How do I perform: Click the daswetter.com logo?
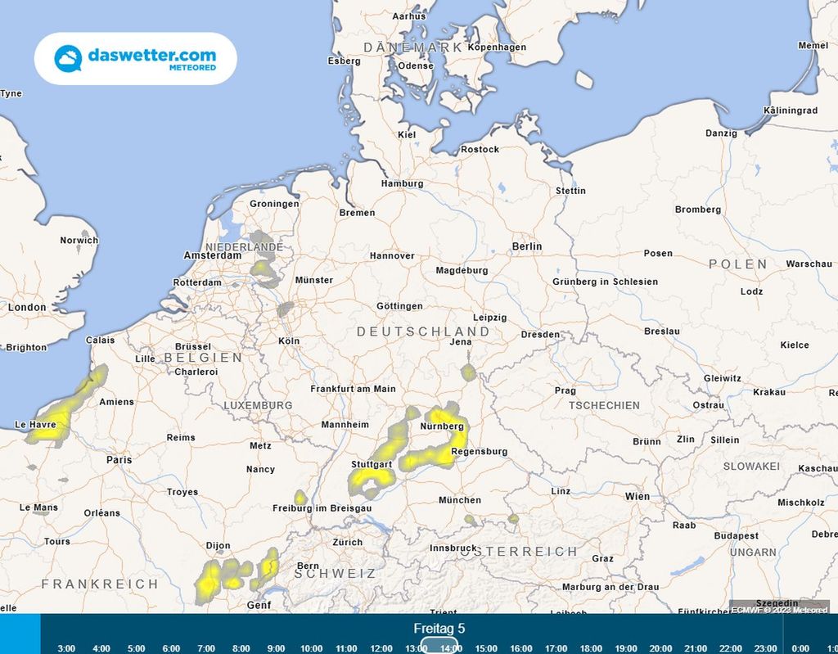tap(135, 58)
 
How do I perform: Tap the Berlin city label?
tap(526, 246)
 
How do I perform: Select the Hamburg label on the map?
tap(402, 183)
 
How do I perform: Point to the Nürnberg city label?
tap(442, 426)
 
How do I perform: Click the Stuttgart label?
tap(372, 464)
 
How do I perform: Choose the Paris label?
tap(119, 460)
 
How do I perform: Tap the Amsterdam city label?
tap(213, 255)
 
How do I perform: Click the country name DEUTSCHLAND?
tap(423, 332)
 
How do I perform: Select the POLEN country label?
tap(738, 264)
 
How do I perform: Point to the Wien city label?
tap(637, 496)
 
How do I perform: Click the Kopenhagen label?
tap(497, 47)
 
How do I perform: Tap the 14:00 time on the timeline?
tap(450, 648)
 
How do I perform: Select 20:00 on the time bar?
tap(660, 648)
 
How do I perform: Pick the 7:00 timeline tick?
tap(206, 648)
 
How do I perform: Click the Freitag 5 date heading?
tap(439, 629)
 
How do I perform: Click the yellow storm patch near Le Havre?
tap(57, 417)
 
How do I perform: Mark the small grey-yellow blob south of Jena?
tap(468, 373)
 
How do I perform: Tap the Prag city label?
tap(565, 390)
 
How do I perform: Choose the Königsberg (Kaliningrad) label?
tap(789, 110)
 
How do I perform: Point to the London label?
tap(27, 307)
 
